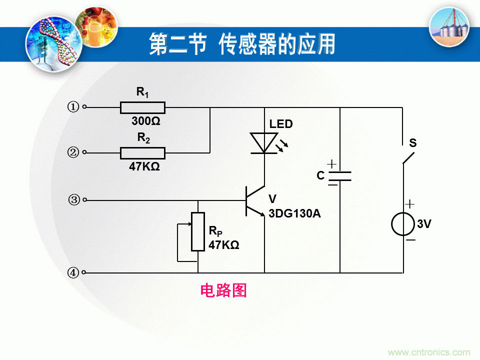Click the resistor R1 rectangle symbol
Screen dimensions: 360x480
(x=142, y=107)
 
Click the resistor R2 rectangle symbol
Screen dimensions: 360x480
(x=142, y=152)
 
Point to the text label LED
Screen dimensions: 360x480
(x=281, y=124)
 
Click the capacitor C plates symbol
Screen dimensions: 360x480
(x=339, y=176)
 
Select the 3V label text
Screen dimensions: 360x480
(x=424, y=224)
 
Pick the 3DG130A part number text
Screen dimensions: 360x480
(x=294, y=213)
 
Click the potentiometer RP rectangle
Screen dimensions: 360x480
(x=198, y=232)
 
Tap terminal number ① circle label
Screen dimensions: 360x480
(x=73, y=107)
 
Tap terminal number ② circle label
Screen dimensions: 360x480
(x=73, y=152)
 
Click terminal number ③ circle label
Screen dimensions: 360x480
(x=74, y=200)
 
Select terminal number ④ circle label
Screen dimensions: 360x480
(x=73, y=273)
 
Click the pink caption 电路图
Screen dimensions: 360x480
(x=223, y=290)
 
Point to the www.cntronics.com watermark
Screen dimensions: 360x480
(x=429, y=352)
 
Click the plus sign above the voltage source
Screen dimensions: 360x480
(x=410, y=204)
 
